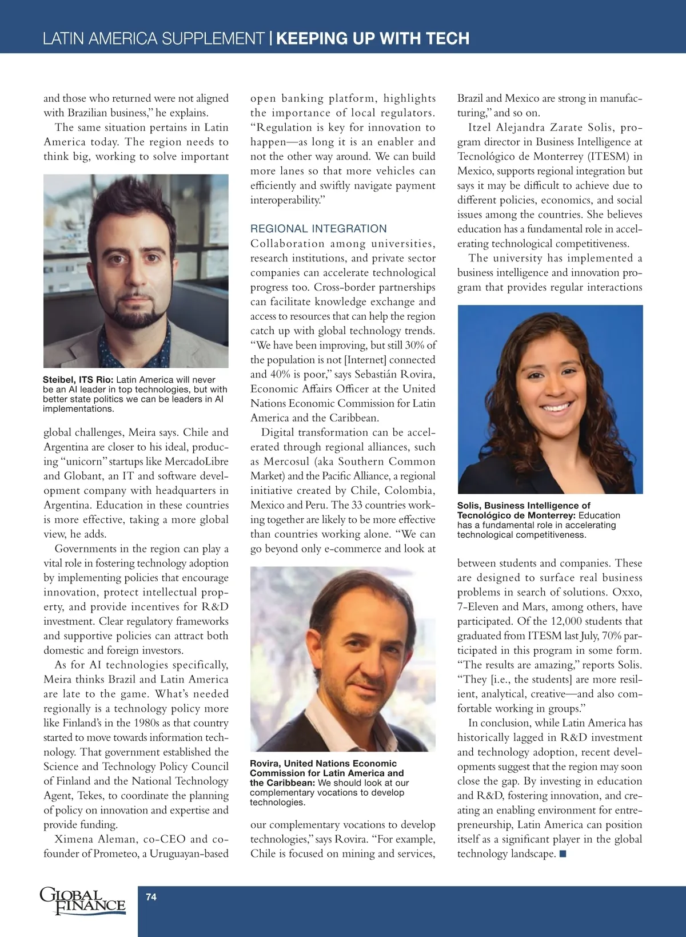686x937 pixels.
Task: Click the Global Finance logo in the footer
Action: point(82,900)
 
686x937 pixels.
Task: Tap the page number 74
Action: point(151,897)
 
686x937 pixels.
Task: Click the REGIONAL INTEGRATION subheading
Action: point(318,229)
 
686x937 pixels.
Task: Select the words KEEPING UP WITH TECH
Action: point(373,38)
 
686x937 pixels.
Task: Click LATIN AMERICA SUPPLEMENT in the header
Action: point(153,38)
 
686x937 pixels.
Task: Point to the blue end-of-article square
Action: point(563,854)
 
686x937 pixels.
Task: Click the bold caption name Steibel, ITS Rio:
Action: point(78,380)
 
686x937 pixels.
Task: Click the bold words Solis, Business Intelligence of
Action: point(524,506)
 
